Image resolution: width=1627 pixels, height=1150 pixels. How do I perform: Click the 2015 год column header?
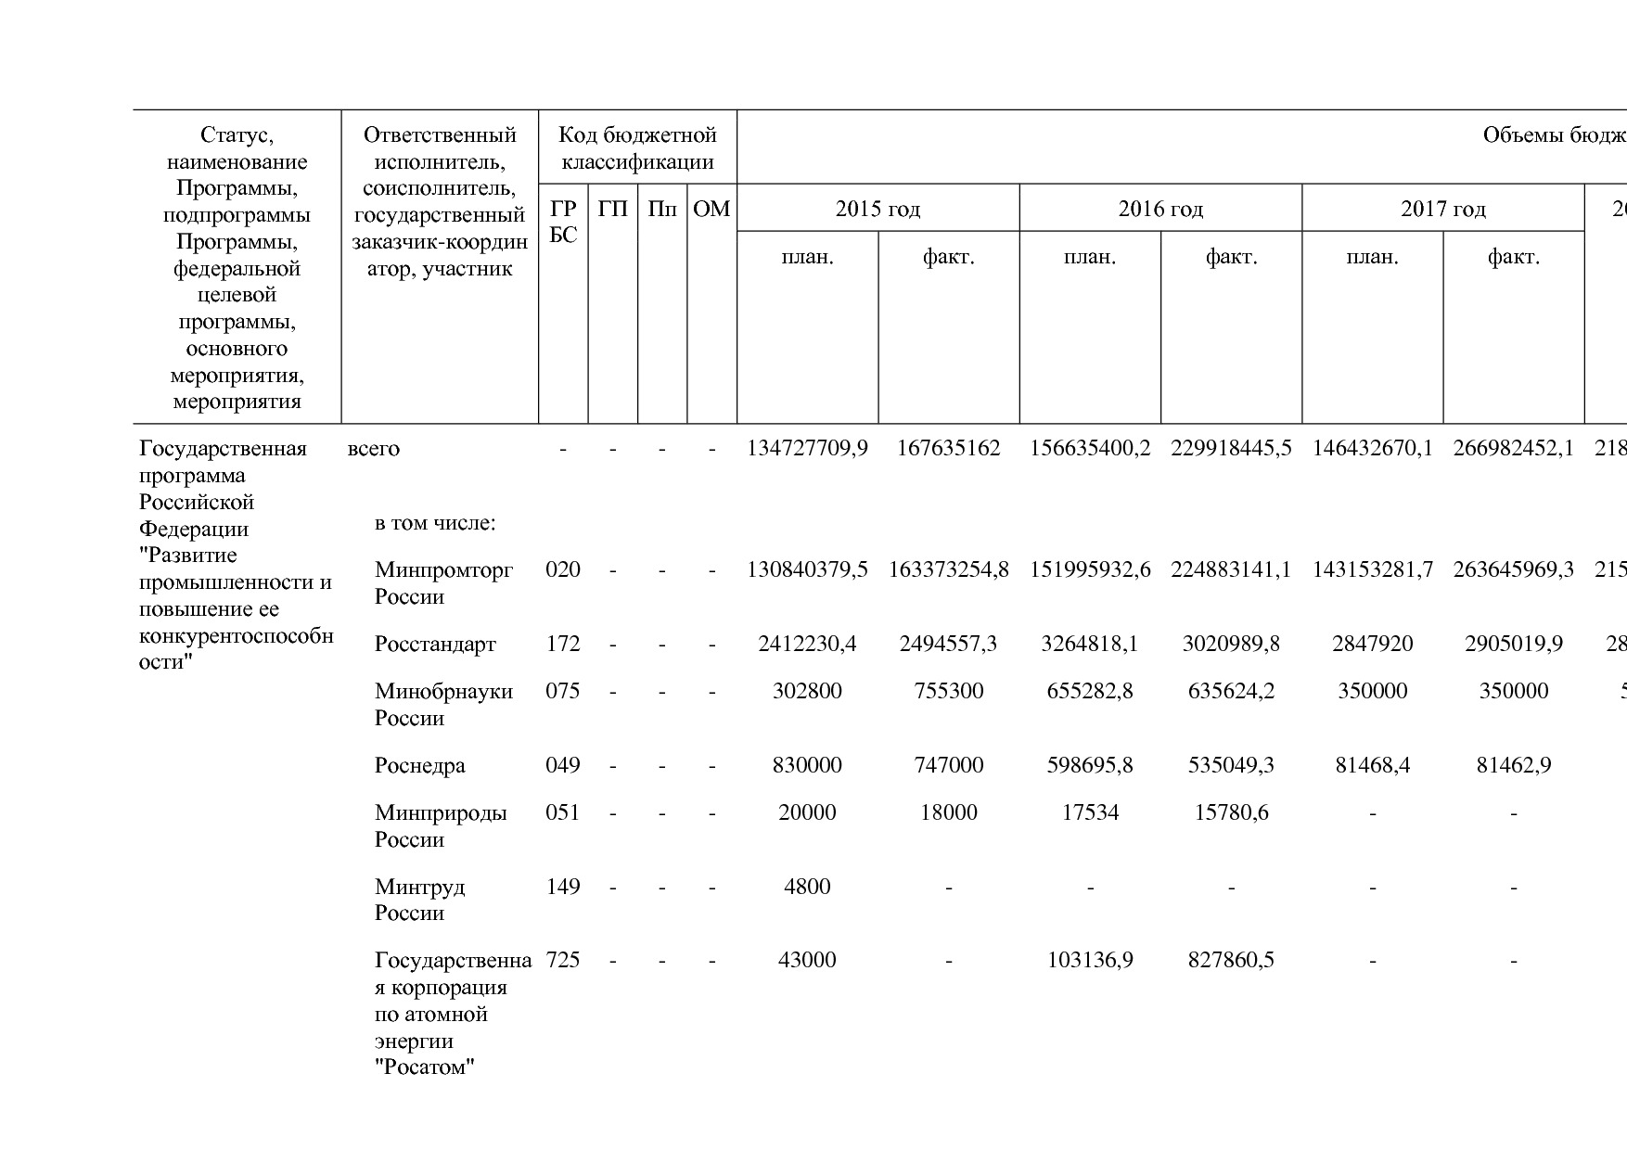pos(878,209)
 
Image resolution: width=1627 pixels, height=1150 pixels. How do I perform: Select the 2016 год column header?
pos(1160,209)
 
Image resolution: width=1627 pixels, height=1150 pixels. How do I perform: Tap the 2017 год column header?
pos(1442,209)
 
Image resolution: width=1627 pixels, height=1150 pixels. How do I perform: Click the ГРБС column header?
pos(563,222)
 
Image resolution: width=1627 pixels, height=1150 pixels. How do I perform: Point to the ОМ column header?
pos(711,209)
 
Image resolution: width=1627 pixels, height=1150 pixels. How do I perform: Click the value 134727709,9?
pos(807,449)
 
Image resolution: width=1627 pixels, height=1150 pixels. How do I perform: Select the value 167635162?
pos(948,449)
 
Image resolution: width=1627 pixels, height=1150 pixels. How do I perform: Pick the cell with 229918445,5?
pos(1231,449)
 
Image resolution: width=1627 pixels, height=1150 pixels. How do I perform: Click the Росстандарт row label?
pos(435,644)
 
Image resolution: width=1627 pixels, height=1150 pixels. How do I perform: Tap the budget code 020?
pos(563,569)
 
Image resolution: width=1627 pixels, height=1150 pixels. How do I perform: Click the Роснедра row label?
pos(420,765)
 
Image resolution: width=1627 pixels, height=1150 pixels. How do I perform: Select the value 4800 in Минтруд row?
pos(807,887)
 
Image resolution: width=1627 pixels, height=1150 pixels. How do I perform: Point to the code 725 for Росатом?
pos(563,960)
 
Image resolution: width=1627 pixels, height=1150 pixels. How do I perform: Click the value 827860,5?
pos(1231,960)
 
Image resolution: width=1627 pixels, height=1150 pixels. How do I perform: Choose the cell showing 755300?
pos(948,691)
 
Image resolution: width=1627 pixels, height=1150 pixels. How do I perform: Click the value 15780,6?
pos(1231,812)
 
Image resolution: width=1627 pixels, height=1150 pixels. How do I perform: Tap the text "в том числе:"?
pos(435,523)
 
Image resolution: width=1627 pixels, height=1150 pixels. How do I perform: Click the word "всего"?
pos(374,449)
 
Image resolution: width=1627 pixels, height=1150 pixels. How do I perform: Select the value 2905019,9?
pos(1513,644)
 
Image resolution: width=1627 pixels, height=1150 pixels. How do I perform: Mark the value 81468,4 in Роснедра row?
pos(1372,765)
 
